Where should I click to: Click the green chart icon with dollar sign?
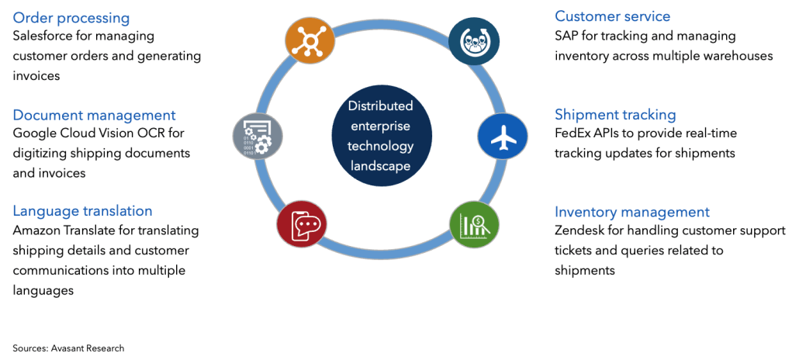(472, 225)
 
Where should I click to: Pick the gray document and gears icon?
(256, 136)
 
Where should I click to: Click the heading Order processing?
(71, 17)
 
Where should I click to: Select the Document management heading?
(94, 115)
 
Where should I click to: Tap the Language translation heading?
(82, 211)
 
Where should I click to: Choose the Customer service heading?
(612, 16)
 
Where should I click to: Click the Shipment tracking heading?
(615, 114)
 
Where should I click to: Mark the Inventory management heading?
(631, 212)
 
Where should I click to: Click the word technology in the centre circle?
(380, 146)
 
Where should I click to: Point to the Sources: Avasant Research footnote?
(68, 348)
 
